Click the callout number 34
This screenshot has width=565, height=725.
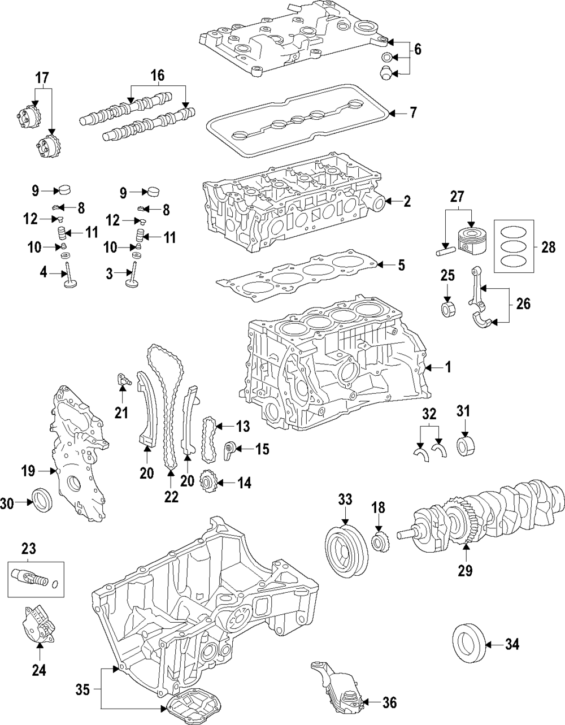512,644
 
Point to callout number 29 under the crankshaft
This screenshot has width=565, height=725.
464,571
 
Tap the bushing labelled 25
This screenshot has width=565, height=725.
448,310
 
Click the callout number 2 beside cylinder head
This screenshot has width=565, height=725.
407,201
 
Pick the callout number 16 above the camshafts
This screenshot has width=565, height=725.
157,75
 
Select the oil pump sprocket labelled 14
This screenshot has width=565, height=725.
210,484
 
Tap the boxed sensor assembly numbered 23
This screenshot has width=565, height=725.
36,579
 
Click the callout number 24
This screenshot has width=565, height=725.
38,670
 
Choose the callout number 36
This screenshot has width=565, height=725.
389,702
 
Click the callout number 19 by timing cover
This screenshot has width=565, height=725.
28,470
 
